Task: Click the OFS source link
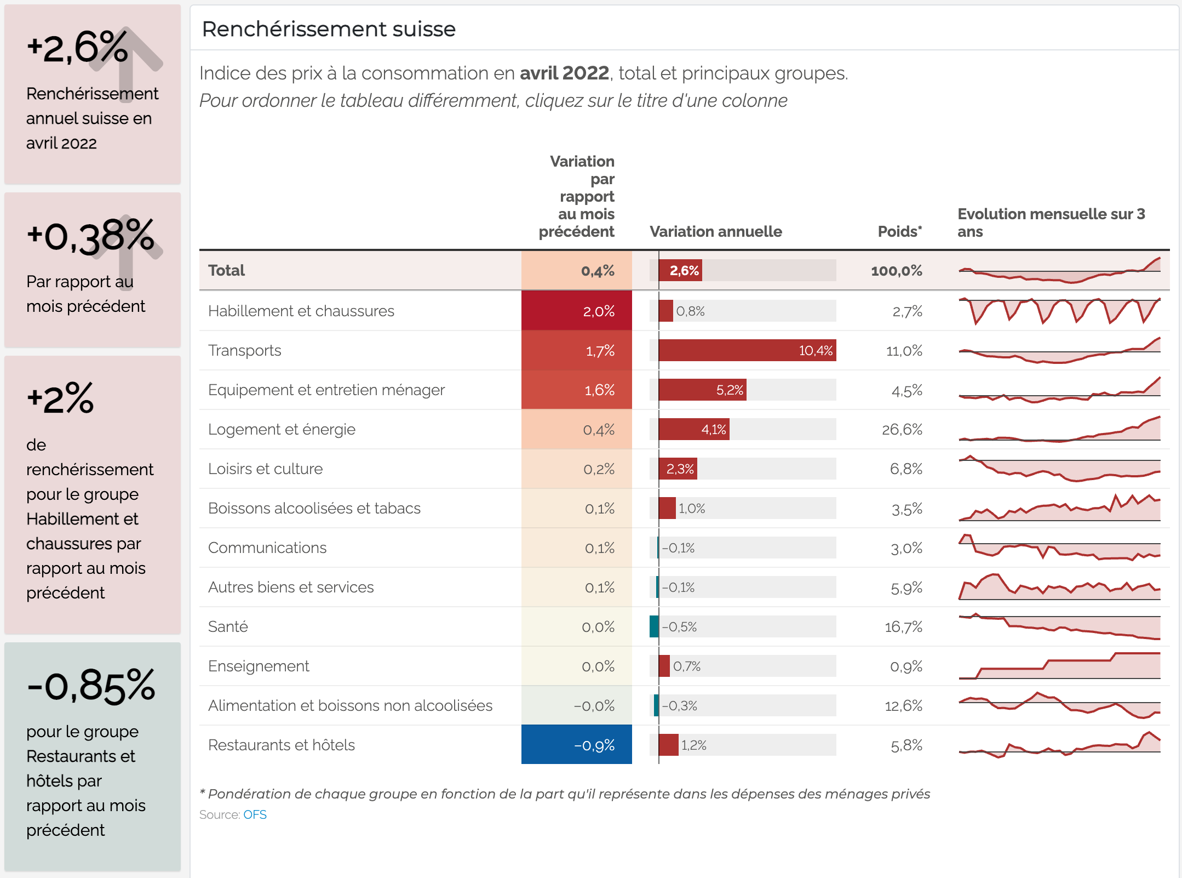point(255,815)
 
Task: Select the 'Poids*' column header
point(899,231)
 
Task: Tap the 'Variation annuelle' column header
point(715,231)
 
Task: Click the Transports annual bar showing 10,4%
point(747,351)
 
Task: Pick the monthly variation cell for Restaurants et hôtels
point(577,745)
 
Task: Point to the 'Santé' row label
point(228,626)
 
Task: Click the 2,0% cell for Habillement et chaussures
point(577,311)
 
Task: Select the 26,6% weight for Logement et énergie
point(902,430)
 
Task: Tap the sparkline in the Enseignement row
point(1059,666)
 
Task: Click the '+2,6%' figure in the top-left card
point(77,48)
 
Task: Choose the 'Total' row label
point(226,271)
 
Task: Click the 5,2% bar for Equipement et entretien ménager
point(702,390)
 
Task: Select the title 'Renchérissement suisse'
point(329,29)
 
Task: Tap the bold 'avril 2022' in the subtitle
point(564,73)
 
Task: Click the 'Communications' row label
point(267,548)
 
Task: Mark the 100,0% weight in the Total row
point(896,271)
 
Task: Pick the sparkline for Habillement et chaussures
point(1059,311)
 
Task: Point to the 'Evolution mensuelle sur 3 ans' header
point(1051,223)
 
